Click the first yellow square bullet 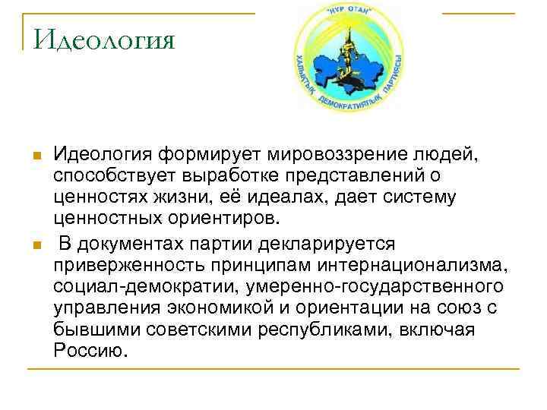point(36,156)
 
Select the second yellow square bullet point(36,244)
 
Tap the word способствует point(112,177)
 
